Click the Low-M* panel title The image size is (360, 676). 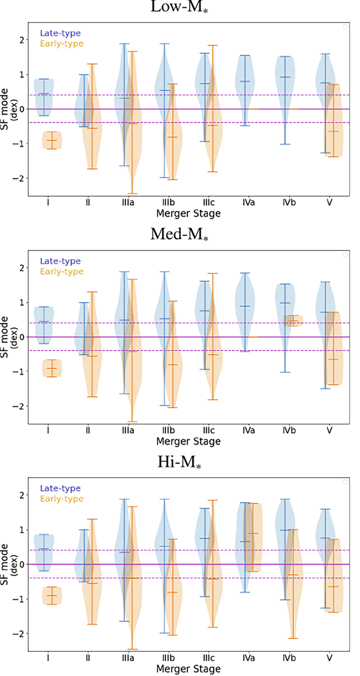pos(179,7)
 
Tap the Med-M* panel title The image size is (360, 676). pos(179,234)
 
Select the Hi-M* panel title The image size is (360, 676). pos(179,462)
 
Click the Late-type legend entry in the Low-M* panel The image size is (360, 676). pos(60,33)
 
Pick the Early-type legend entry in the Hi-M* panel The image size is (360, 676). pos(61,499)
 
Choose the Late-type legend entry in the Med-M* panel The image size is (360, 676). pos(60,261)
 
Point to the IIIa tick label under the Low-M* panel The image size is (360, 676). pos(128,202)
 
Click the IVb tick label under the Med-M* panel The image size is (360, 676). pos(289,430)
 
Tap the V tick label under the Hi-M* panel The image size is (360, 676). pos(329,658)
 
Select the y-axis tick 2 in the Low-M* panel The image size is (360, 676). pos(22,40)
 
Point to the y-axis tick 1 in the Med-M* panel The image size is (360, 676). pos(22,302)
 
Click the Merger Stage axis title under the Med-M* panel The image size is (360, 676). pos(188,441)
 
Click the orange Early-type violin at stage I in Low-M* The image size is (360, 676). pos(52,140)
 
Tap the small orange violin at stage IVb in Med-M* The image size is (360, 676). pos(293,321)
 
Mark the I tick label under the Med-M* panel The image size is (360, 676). pos(48,430)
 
